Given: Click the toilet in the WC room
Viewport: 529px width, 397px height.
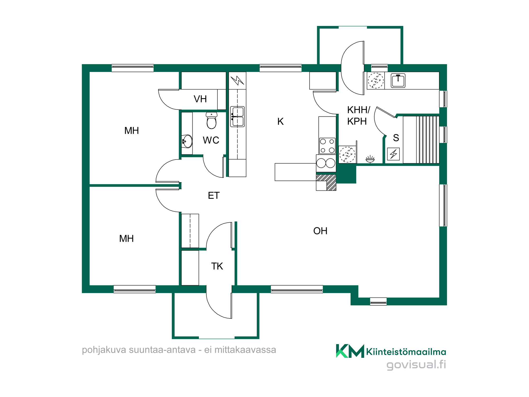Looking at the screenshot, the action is tap(212, 120).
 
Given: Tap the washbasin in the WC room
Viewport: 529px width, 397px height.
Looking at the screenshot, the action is tap(187, 141).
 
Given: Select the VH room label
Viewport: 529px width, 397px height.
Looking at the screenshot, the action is tap(200, 99).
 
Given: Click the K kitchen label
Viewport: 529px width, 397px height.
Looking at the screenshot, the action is tap(280, 121).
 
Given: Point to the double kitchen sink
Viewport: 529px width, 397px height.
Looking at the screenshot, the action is tap(237, 117).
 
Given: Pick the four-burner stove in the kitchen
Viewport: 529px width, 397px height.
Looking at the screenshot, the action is tap(327, 146).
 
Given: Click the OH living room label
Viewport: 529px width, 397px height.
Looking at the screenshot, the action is tap(320, 231).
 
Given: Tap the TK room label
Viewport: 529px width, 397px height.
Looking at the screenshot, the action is tap(217, 266).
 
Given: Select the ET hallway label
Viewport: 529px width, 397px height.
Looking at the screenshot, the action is tap(214, 196).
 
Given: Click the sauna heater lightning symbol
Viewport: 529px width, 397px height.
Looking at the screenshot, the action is tap(393, 154).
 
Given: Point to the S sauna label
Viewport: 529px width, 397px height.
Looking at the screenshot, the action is tap(396, 138).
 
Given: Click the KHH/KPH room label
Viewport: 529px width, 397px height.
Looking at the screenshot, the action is tap(359, 115).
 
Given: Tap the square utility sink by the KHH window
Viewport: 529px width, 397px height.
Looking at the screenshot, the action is tap(398, 80).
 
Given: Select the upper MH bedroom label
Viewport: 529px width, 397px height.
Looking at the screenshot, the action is tap(132, 131).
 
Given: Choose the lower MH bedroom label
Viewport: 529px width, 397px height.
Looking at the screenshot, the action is tap(126, 239).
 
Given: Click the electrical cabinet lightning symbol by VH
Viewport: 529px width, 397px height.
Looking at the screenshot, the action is tap(237, 80).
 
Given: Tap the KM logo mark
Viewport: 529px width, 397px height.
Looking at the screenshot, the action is tap(350, 351).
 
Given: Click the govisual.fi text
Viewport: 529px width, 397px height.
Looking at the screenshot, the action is tap(416, 365).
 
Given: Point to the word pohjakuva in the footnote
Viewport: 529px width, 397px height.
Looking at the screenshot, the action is tap(104, 350).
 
